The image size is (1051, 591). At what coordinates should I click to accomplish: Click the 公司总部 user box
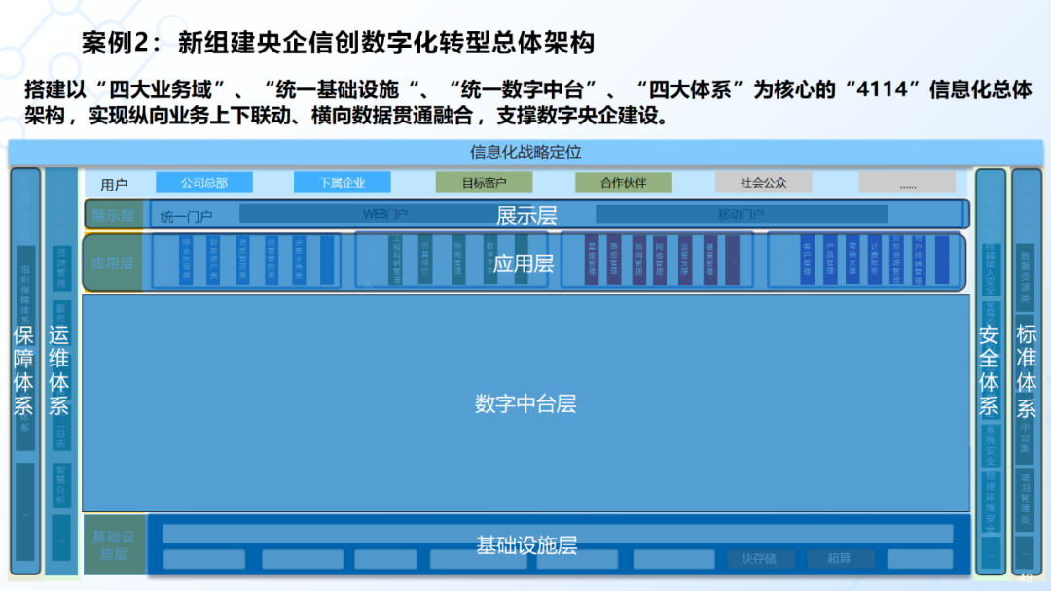point(204,183)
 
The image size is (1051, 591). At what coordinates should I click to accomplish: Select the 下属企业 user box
point(342,183)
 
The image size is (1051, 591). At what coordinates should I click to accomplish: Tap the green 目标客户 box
point(484,183)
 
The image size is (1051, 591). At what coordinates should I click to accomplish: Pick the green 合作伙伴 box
point(623,183)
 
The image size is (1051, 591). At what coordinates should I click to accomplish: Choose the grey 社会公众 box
point(763,183)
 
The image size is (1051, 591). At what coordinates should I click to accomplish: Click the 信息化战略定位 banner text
point(525,153)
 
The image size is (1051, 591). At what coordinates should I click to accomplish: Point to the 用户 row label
point(114,184)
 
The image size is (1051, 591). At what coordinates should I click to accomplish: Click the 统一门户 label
point(186,216)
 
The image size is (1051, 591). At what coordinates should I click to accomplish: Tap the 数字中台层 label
point(525,403)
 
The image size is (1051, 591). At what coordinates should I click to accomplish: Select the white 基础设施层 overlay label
point(526,545)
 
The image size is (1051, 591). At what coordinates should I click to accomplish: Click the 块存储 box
point(759,559)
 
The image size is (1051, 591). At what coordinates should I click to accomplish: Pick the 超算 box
point(839,559)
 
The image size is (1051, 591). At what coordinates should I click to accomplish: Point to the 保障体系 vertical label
point(24,370)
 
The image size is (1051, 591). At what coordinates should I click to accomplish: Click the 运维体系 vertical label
point(59,370)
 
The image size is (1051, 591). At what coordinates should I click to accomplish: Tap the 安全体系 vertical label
point(989,370)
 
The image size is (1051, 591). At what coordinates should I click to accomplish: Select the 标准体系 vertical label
point(1027,370)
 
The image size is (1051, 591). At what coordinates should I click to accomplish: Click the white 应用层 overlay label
point(524,263)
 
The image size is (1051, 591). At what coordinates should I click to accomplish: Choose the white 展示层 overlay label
point(526,215)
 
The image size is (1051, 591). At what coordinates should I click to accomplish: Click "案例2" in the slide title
point(113,43)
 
